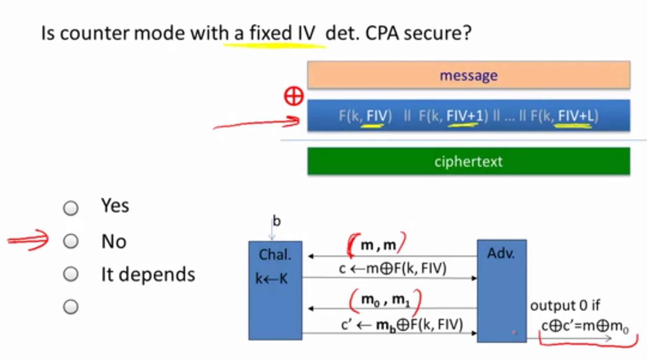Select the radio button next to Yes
click(71, 208)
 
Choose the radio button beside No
click(71, 241)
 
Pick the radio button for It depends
click(71, 274)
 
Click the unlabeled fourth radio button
click(71, 307)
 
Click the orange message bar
click(469, 75)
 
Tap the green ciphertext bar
click(469, 161)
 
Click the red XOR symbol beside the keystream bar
click(294, 96)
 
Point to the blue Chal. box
click(275, 290)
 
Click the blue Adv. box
click(502, 291)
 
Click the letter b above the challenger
click(276, 221)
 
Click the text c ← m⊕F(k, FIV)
click(393, 268)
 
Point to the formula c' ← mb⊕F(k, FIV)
click(402, 325)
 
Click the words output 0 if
click(565, 305)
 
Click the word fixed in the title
click(271, 33)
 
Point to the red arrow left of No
click(28, 240)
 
